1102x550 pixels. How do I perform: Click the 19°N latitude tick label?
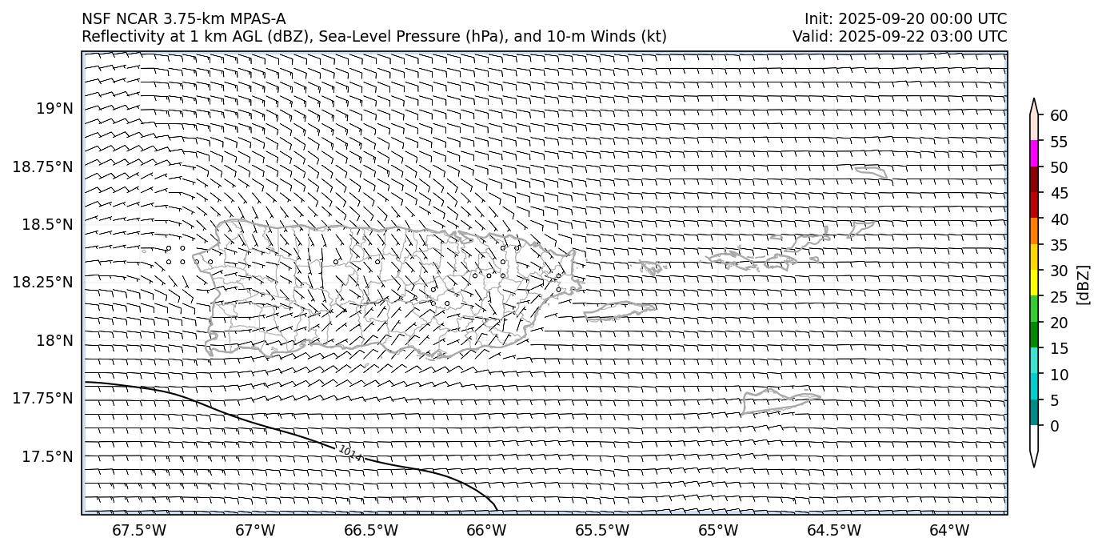[54, 108]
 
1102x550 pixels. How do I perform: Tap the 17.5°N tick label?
[47, 456]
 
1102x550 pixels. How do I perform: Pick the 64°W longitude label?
[949, 530]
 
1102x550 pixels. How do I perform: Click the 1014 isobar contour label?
[349, 454]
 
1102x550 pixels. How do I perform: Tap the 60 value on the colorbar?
[1059, 116]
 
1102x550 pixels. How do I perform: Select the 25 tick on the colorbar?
[1059, 296]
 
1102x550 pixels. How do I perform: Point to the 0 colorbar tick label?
[1054, 426]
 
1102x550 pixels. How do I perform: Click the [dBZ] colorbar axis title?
[1084, 284]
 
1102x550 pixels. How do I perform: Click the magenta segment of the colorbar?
[1034, 153]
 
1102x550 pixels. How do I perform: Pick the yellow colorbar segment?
[1034, 283]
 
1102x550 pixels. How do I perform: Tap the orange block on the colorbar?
[1034, 231]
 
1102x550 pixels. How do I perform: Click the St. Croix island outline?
[780, 399]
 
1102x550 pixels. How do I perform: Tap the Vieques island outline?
[620, 311]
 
